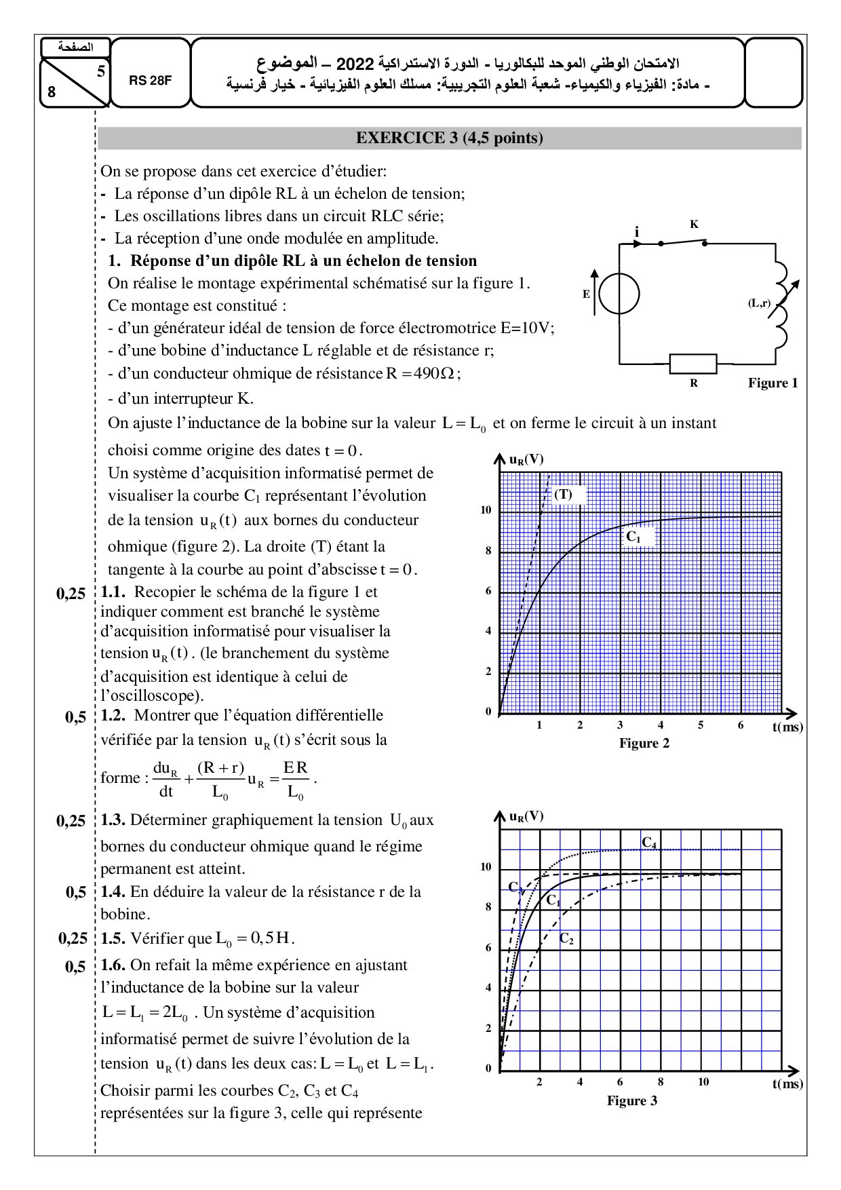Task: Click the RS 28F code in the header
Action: click(x=151, y=80)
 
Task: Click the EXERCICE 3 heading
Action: click(x=450, y=138)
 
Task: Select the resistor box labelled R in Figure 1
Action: click(x=693, y=364)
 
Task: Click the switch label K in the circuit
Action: click(x=694, y=224)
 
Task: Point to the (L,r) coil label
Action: click(x=760, y=303)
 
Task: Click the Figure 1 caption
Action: click(x=772, y=383)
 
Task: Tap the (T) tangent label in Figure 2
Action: click(x=563, y=494)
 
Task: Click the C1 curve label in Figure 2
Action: click(x=633, y=537)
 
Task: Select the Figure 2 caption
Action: click(x=644, y=743)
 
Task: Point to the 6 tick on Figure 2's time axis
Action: click(x=741, y=725)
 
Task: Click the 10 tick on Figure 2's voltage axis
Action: click(x=486, y=510)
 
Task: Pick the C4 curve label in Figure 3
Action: click(x=649, y=843)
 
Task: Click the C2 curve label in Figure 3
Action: click(x=566, y=939)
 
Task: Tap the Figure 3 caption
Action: click(x=631, y=1100)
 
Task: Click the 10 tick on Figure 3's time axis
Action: click(x=703, y=1082)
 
